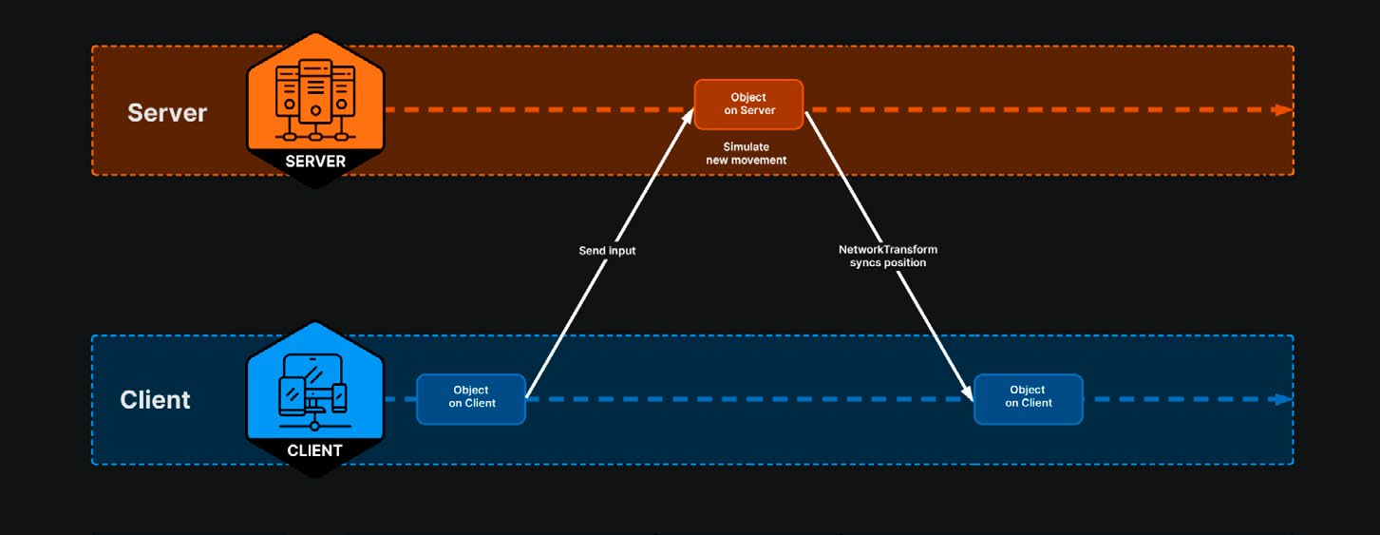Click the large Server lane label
click(167, 113)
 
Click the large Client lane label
click(155, 400)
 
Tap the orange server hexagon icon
click(315, 109)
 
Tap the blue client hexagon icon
click(315, 399)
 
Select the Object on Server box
click(748, 105)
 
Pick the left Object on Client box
click(471, 399)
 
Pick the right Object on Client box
click(1029, 399)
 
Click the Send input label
click(607, 251)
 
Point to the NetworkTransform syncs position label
click(888, 256)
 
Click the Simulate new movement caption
click(747, 154)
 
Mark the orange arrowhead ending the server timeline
click(1283, 110)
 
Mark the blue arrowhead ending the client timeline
click(1283, 399)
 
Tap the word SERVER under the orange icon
click(315, 162)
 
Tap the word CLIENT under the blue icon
click(314, 450)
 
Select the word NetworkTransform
click(888, 250)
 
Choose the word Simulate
click(747, 146)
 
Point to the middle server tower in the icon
click(315, 91)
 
